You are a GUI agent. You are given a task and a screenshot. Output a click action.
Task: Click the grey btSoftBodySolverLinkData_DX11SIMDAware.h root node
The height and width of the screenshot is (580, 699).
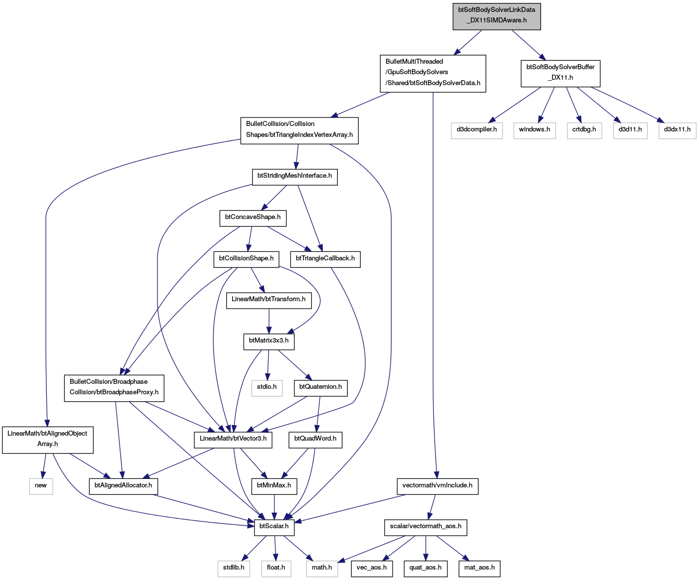coord(496,16)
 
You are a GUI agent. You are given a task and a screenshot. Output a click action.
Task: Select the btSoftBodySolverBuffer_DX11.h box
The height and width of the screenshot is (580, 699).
coord(560,74)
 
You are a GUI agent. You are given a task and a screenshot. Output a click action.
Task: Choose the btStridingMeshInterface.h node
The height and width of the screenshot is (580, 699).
coord(294,177)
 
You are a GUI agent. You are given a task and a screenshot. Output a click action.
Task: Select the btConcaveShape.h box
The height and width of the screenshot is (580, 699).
coord(253,219)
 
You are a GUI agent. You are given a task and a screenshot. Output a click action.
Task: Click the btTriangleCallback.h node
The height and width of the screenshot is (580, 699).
coord(325,259)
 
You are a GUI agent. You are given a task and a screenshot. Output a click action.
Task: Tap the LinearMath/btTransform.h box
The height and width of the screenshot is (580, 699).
coord(269,301)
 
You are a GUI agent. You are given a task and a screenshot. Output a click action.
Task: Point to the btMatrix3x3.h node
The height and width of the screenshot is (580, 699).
coord(269,342)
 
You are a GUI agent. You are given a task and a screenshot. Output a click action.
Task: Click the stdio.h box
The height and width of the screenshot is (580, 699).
coord(267,388)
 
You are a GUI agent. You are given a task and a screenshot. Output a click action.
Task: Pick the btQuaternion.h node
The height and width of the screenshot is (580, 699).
coord(321,388)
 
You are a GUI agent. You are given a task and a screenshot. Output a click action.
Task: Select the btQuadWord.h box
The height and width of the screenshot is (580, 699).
coord(315,440)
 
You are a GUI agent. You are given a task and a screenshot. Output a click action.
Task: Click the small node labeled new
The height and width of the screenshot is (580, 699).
coord(41,486)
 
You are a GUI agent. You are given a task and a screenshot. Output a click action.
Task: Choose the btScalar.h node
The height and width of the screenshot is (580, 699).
coord(274,528)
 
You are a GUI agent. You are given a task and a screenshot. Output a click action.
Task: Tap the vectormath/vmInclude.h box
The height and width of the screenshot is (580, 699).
coord(437,486)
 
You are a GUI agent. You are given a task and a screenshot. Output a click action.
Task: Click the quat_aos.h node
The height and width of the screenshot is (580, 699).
coord(425,569)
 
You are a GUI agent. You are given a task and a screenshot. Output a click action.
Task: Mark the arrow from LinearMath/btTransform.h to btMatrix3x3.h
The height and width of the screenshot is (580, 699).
coord(269,321)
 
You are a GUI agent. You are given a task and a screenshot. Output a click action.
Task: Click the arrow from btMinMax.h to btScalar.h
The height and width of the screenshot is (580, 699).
coord(274,507)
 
